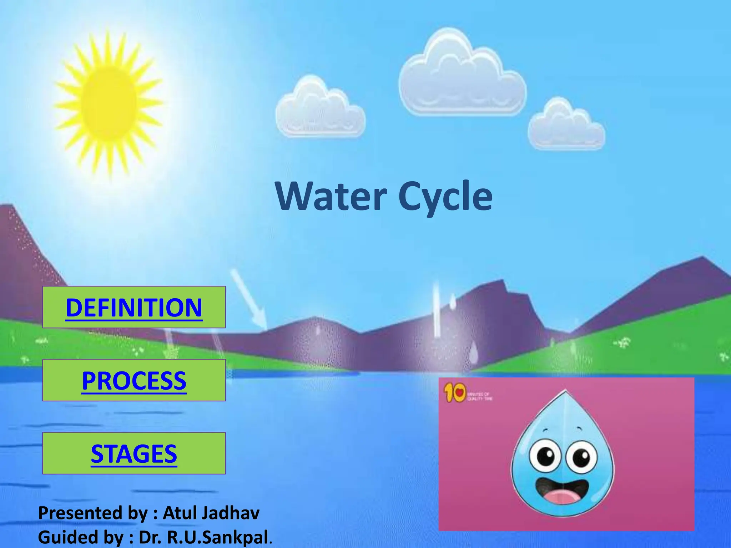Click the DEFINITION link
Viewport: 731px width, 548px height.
click(134, 308)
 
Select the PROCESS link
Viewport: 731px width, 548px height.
click(134, 381)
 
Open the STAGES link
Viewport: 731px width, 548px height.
click(134, 454)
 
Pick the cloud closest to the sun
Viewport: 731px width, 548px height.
click(320, 109)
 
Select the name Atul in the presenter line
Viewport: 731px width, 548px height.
click(180, 513)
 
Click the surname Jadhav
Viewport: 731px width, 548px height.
click(230, 513)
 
